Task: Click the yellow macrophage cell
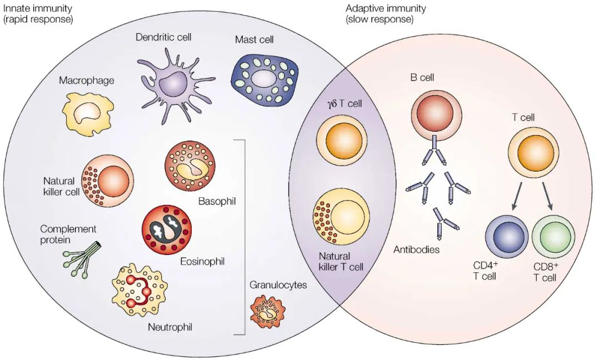pyautogui.click(x=86, y=113)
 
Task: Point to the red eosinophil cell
pyautogui.click(x=166, y=229)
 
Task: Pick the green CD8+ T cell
pyautogui.click(x=553, y=234)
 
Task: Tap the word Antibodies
pyautogui.click(x=417, y=249)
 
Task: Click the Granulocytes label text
pyautogui.click(x=278, y=285)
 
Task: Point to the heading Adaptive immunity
pyautogui.click(x=386, y=8)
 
